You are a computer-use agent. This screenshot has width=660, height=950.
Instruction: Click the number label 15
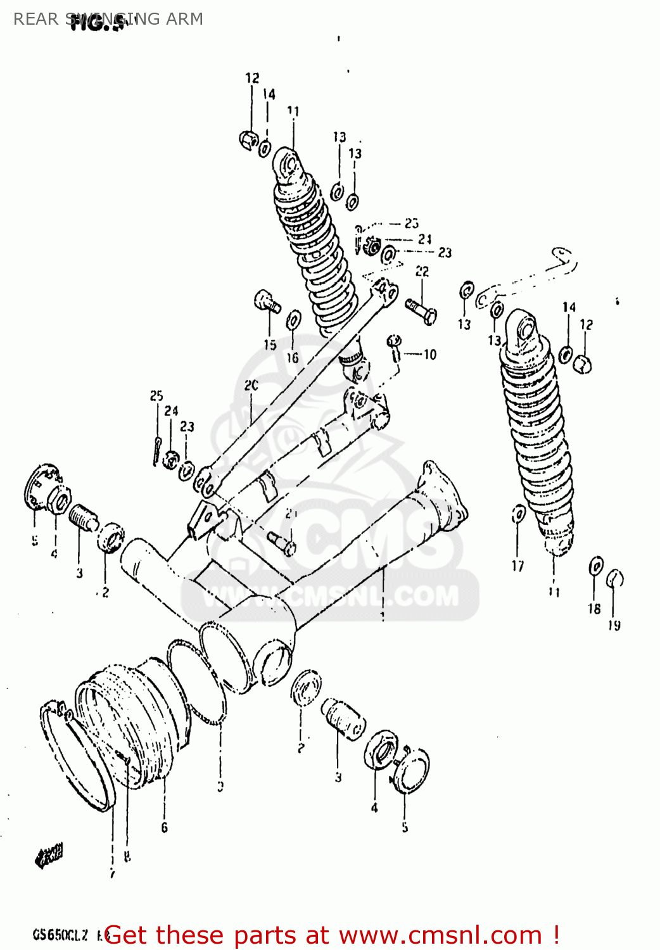point(270,345)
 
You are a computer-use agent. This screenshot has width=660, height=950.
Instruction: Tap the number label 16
point(292,357)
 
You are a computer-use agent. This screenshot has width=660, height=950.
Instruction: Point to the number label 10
point(430,355)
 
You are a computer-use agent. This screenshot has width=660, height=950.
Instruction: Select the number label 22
point(422,271)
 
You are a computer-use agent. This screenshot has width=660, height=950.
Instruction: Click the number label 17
point(518,566)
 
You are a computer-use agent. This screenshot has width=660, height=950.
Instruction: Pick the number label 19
point(614,625)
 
